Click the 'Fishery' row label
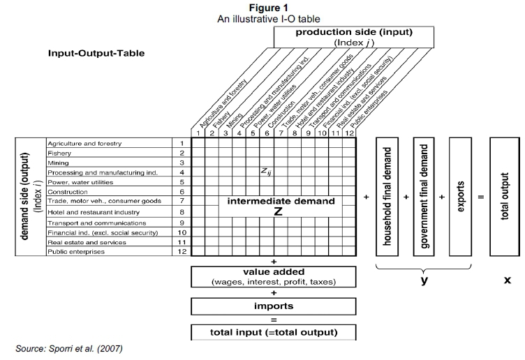[x=59, y=153]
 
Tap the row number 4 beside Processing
[x=181, y=172]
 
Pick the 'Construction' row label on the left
[x=67, y=192]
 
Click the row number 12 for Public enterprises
[x=181, y=251]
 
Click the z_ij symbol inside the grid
[x=266, y=170]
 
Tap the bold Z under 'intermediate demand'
[x=278, y=212]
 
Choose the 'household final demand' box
[x=391, y=196]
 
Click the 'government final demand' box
[x=424, y=196]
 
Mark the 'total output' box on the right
[x=505, y=196]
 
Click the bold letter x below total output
[x=508, y=280]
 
